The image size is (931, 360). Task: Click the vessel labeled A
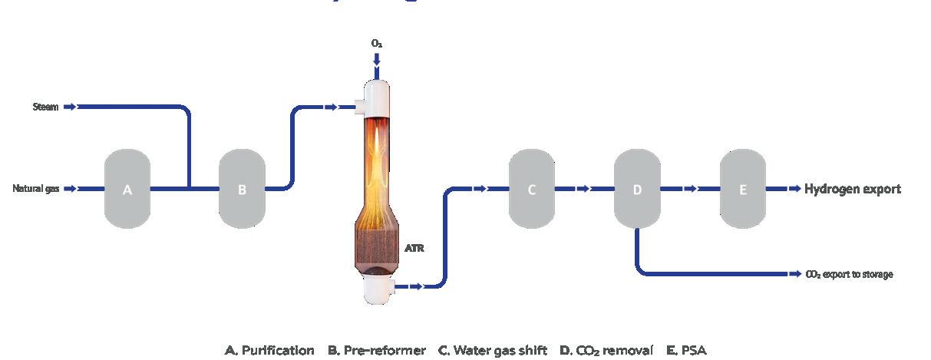pyautogui.click(x=127, y=189)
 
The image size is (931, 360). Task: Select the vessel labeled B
pyautogui.click(x=242, y=189)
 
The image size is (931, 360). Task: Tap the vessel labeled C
pyautogui.click(x=532, y=189)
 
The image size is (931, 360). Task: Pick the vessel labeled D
pyautogui.click(x=637, y=189)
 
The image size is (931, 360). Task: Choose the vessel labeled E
pyautogui.click(x=743, y=189)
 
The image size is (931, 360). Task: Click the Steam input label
pyautogui.click(x=46, y=107)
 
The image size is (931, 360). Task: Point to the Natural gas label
pyautogui.click(x=36, y=189)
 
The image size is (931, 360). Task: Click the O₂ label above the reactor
pyautogui.click(x=376, y=45)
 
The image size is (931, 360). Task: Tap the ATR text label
pyautogui.click(x=414, y=248)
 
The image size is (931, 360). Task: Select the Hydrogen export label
pyautogui.click(x=853, y=189)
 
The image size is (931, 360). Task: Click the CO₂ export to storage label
pyautogui.click(x=849, y=274)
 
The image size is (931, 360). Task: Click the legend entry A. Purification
pyautogui.click(x=269, y=350)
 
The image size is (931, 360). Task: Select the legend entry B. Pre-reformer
pyautogui.click(x=376, y=350)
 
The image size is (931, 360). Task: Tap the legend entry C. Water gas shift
pyautogui.click(x=492, y=350)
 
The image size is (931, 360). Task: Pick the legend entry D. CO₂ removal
pyautogui.click(x=606, y=350)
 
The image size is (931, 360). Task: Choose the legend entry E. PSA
pyautogui.click(x=686, y=350)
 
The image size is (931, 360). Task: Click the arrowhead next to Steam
pyautogui.click(x=70, y=107)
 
